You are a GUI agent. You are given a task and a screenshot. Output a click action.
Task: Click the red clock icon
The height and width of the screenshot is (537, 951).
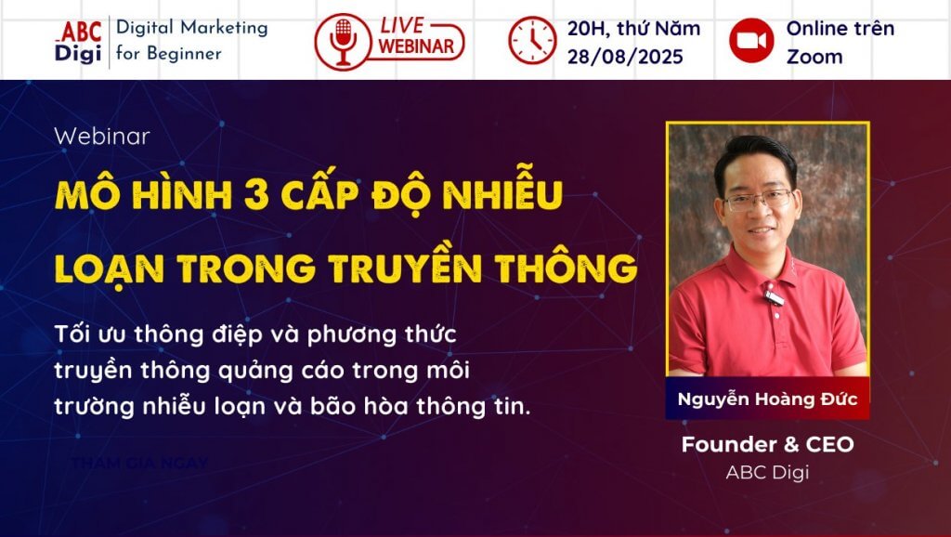531,41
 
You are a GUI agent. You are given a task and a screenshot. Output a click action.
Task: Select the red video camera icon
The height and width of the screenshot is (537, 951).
751,41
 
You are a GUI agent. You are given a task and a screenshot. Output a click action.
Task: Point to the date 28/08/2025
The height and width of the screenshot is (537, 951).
625,57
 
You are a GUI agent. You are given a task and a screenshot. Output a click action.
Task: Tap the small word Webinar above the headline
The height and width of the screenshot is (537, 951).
102,136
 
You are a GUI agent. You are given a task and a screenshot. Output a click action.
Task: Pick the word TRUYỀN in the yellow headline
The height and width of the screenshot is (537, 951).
414,268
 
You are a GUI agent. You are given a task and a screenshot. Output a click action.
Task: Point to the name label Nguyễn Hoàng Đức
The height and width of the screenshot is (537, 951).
767,399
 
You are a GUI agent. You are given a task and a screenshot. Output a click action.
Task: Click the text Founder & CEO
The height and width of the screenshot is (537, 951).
767,444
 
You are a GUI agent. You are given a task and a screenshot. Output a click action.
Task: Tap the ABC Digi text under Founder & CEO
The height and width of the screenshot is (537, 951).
767,472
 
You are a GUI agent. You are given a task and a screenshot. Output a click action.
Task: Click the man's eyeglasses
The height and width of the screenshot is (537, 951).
758,199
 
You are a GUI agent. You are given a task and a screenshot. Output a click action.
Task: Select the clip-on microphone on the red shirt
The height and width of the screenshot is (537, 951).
774,297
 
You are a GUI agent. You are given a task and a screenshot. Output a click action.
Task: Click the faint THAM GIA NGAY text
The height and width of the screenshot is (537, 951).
139,462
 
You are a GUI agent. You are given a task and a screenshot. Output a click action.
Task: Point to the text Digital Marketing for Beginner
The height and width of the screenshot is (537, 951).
191,41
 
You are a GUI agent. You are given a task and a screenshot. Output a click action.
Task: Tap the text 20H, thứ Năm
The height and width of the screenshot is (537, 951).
633,28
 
